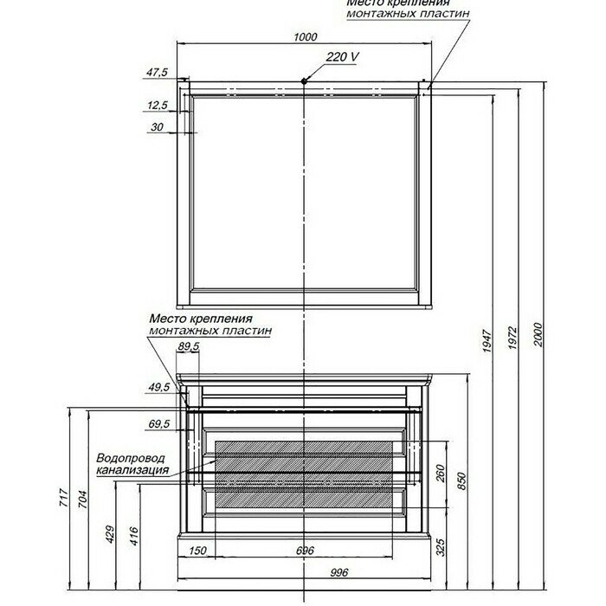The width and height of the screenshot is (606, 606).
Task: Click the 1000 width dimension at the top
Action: click(306, 36)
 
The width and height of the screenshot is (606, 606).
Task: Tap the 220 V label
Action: click(344, 56)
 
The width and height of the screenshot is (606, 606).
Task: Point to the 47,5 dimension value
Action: click(157, 72)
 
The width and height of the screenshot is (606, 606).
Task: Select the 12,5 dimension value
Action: click(157, 105)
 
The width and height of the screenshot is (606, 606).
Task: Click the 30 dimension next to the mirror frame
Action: click(157, 126)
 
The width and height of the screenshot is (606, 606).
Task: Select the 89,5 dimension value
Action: click(188, 346)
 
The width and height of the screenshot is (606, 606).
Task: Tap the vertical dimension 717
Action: click(63, 498)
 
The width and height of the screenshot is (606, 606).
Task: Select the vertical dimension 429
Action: click(110, 534)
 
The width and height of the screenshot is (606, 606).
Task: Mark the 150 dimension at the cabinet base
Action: click(197, 551)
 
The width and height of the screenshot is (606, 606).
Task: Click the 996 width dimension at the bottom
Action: click(316, 571)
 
